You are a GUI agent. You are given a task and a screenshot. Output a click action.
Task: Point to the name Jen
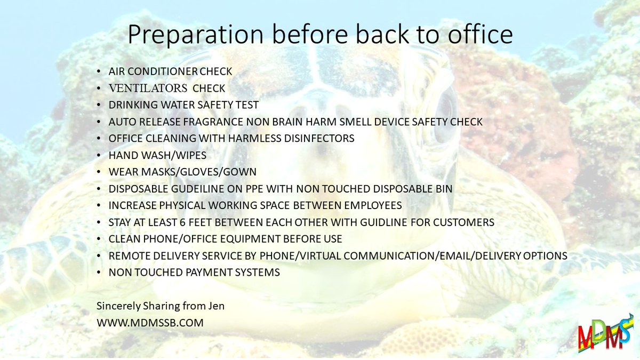(215, 307)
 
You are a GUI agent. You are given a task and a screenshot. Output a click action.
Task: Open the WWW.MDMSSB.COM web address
(150, 323)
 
